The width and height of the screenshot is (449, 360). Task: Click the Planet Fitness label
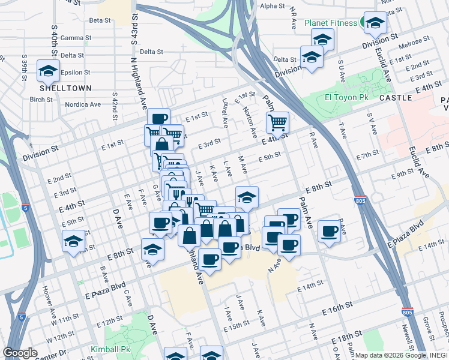(x=331, y=23)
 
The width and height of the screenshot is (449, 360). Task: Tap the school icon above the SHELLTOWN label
(x=47, y=71)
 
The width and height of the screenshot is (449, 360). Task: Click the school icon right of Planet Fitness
(x=375, y=23)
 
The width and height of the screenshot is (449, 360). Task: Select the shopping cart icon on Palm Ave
(x=277, y=122)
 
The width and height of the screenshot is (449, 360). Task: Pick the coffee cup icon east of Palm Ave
(x=329, y=231)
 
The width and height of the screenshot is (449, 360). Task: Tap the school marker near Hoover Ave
(x=73, y=241)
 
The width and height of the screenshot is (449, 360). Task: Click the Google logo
(x=20, y=352)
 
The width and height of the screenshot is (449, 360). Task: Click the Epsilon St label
(x=75, y=73)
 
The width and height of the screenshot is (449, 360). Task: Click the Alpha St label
(x=273, y=6)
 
